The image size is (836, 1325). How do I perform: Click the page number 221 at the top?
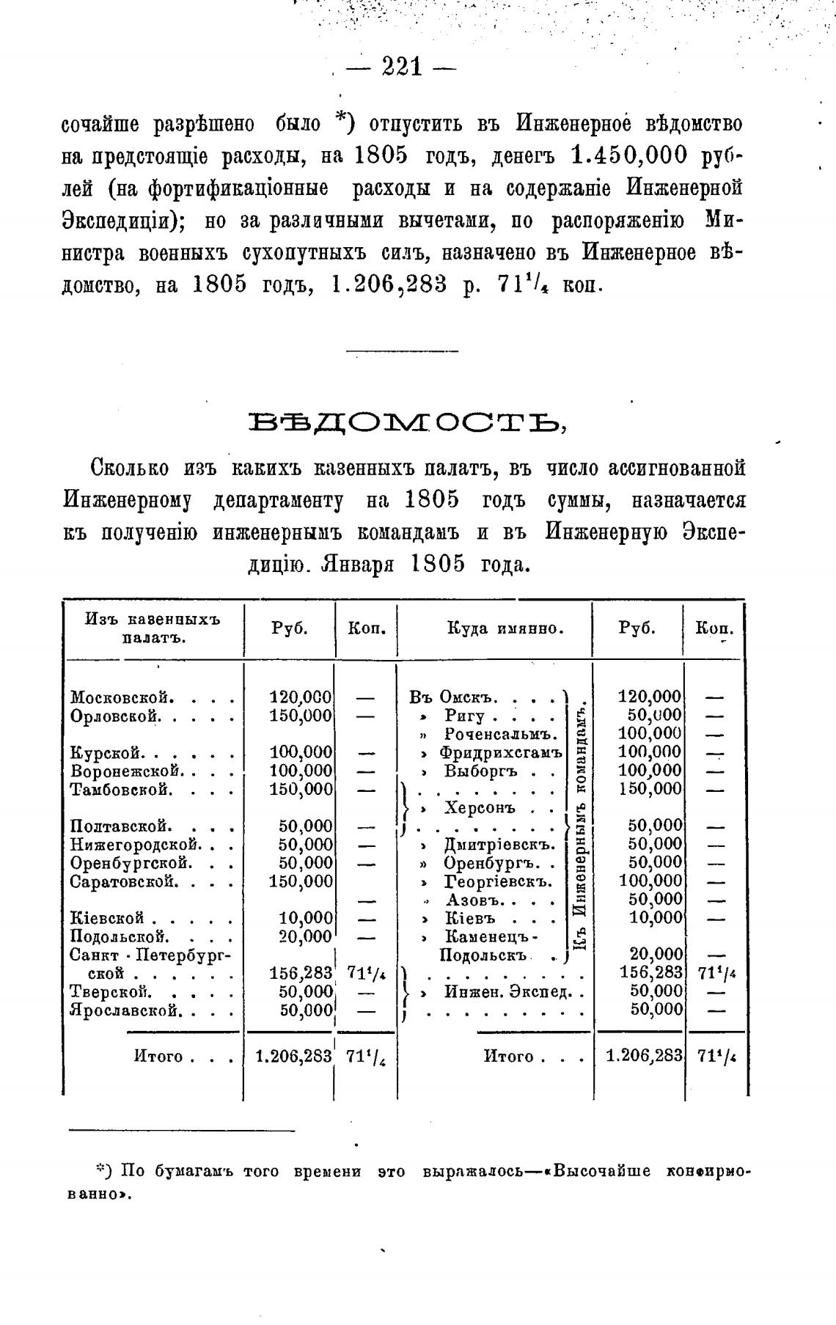(x=403, y=67)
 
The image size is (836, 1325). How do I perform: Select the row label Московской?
(x=122, y=697)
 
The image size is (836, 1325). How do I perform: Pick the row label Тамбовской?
(x=122, y=790)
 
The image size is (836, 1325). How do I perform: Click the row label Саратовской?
(x=124, y=881)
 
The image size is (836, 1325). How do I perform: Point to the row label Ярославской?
(x=124, y=1010)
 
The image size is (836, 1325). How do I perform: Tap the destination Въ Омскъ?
(x=454, y=697)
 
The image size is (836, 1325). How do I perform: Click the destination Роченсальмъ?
(x=502, y=734)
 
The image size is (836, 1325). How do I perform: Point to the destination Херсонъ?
(x=480, y=808)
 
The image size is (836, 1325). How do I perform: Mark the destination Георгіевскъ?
(x=498, y=881)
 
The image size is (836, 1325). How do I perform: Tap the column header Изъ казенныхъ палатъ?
(x=153, y=628)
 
